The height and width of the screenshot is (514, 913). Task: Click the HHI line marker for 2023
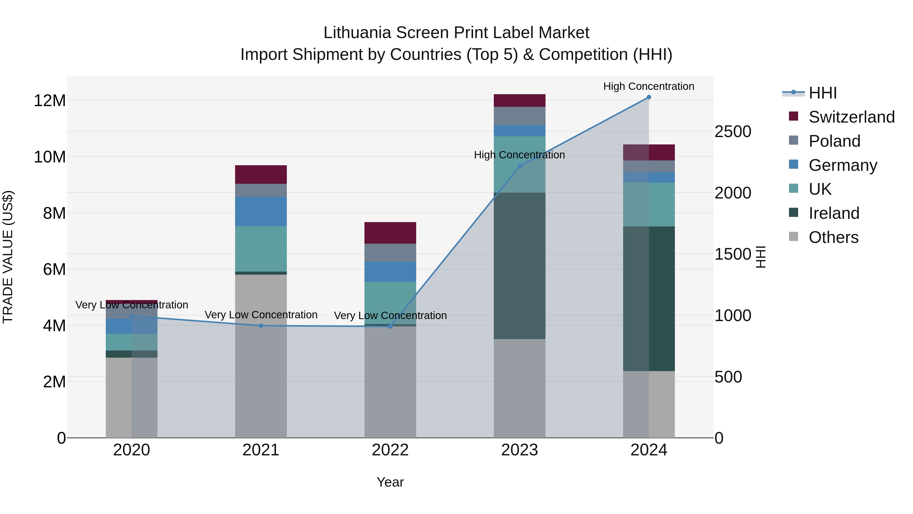[520, 166]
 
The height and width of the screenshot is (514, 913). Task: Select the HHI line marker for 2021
[261, 326]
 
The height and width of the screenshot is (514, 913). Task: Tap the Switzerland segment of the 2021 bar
[261, 175]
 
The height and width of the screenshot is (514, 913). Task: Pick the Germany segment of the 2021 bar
[261, 211]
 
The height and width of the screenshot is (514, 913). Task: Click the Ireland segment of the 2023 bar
[520, 266]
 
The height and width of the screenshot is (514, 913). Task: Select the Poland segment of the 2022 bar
[390, 253]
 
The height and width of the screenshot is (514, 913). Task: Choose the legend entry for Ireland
[834, 213]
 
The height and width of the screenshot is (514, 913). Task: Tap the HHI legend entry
[822, 93]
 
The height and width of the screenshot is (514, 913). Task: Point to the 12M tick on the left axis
[50, 101]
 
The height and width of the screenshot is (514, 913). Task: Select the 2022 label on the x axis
[390, 450]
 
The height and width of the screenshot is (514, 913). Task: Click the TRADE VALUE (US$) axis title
[8, 257]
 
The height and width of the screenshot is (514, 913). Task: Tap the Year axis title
[390, 482]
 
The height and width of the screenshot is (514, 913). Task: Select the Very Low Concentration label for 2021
[261, 315]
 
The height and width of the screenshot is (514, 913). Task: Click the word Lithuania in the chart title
[357, 33]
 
